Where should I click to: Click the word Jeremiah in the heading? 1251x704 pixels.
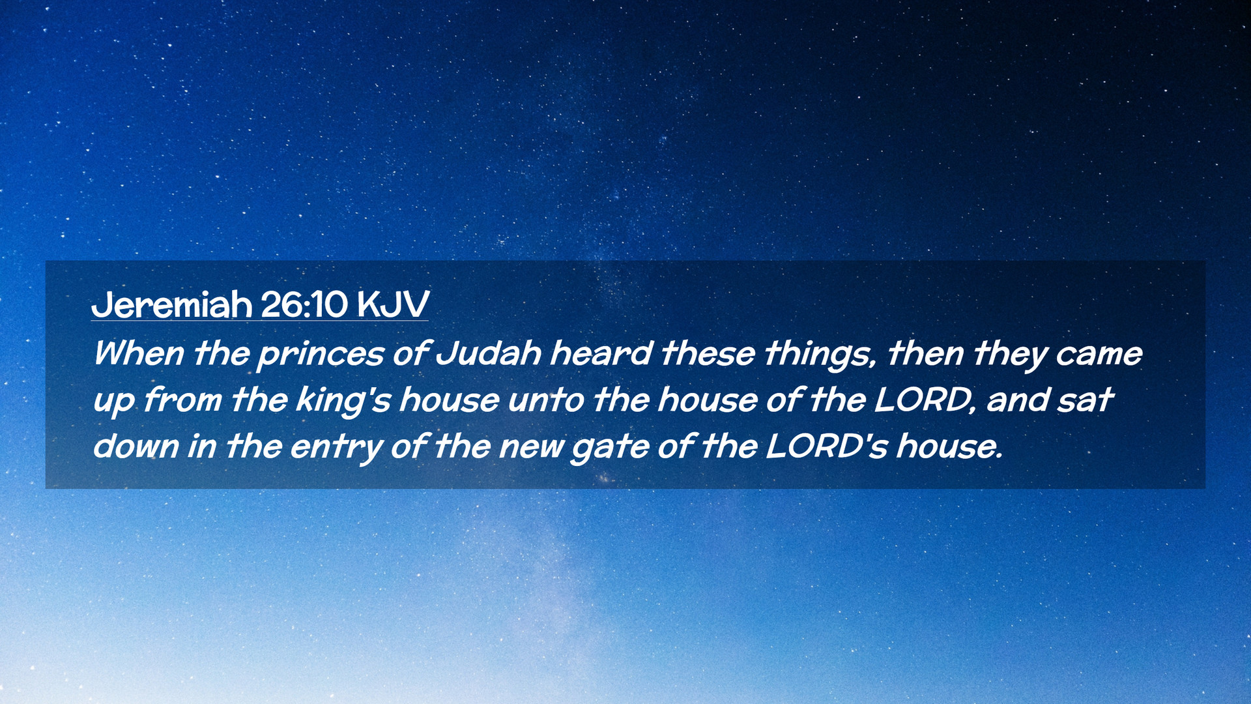tap(171, 304)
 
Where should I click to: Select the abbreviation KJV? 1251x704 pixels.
tap(393, 304)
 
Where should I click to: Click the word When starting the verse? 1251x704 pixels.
tap(139, 353)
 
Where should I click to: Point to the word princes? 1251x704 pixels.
tap(321, 355)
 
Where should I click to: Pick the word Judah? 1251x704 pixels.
tap(488, 353)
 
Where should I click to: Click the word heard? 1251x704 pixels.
tap(601, 353)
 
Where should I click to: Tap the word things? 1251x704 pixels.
tap(820, 355)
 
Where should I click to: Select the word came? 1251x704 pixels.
tap(1099, 355)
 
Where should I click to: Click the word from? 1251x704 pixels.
tap(182, 400)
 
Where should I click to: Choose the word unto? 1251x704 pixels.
tap(546, 400)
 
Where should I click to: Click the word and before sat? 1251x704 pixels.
tap(1018, 400)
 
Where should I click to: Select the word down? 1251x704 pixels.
tap(136, 447)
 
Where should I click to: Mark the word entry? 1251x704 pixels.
tap(337, 448)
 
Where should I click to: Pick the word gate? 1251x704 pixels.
tap(611, 448)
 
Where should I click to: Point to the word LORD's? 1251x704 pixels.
tap(826, 447)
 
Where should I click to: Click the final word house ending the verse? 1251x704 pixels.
tap(949, 447)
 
